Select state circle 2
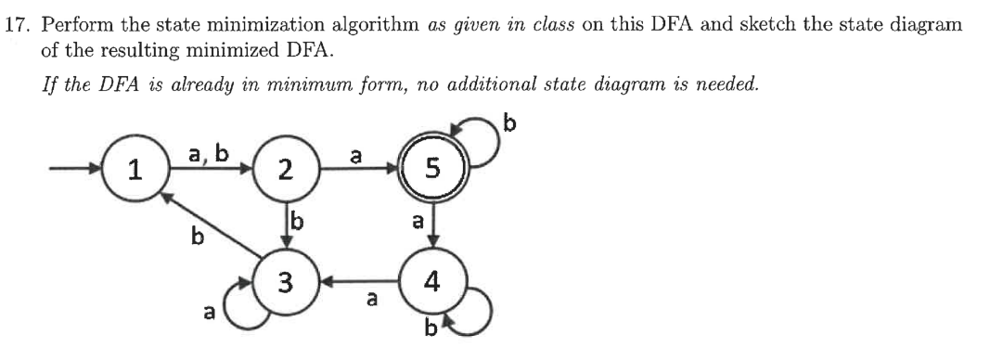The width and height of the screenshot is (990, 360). pos(286,170)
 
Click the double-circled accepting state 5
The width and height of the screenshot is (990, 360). pos(430,168)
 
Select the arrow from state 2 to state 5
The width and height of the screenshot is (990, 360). pos(357,170)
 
